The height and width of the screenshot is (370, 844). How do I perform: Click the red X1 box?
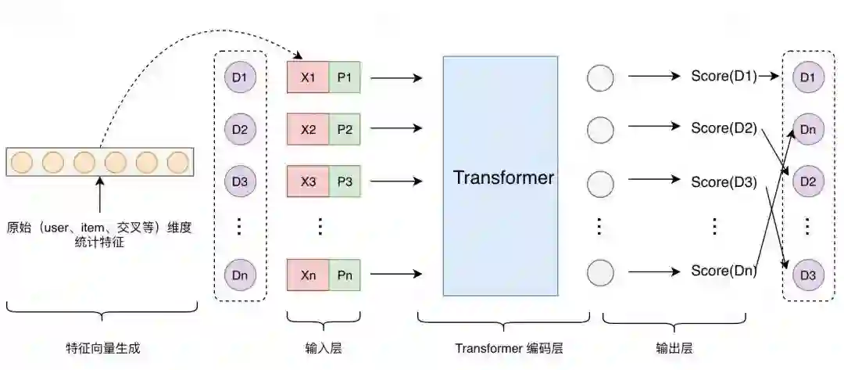click(x=308, y=78)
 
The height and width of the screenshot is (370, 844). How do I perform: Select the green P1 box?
click(x=345, y=78)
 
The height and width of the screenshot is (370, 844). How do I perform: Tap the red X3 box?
click(x=308, y=181)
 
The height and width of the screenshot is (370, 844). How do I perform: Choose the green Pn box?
click(x=345, y=275)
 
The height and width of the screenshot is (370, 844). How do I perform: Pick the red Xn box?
click(x=308, y=275)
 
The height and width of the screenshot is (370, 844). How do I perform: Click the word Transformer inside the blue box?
click(x=503, y=178)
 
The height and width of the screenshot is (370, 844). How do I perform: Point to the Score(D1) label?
click(x=724, y=77)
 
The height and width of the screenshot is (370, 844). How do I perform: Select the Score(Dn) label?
click(x=724, y=271)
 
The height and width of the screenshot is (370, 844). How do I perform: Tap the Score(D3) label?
click(x=724, y=182)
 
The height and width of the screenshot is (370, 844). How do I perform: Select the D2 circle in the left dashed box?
click(x=239, y=129)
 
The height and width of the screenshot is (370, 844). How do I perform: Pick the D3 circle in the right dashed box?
click(x=807, y=275)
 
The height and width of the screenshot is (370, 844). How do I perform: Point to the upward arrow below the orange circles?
click(x=99, y=196)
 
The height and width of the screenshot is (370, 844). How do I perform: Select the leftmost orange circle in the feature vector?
click(x=22, y=162)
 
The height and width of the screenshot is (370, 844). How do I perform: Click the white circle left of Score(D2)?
click(x=600, y=129)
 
